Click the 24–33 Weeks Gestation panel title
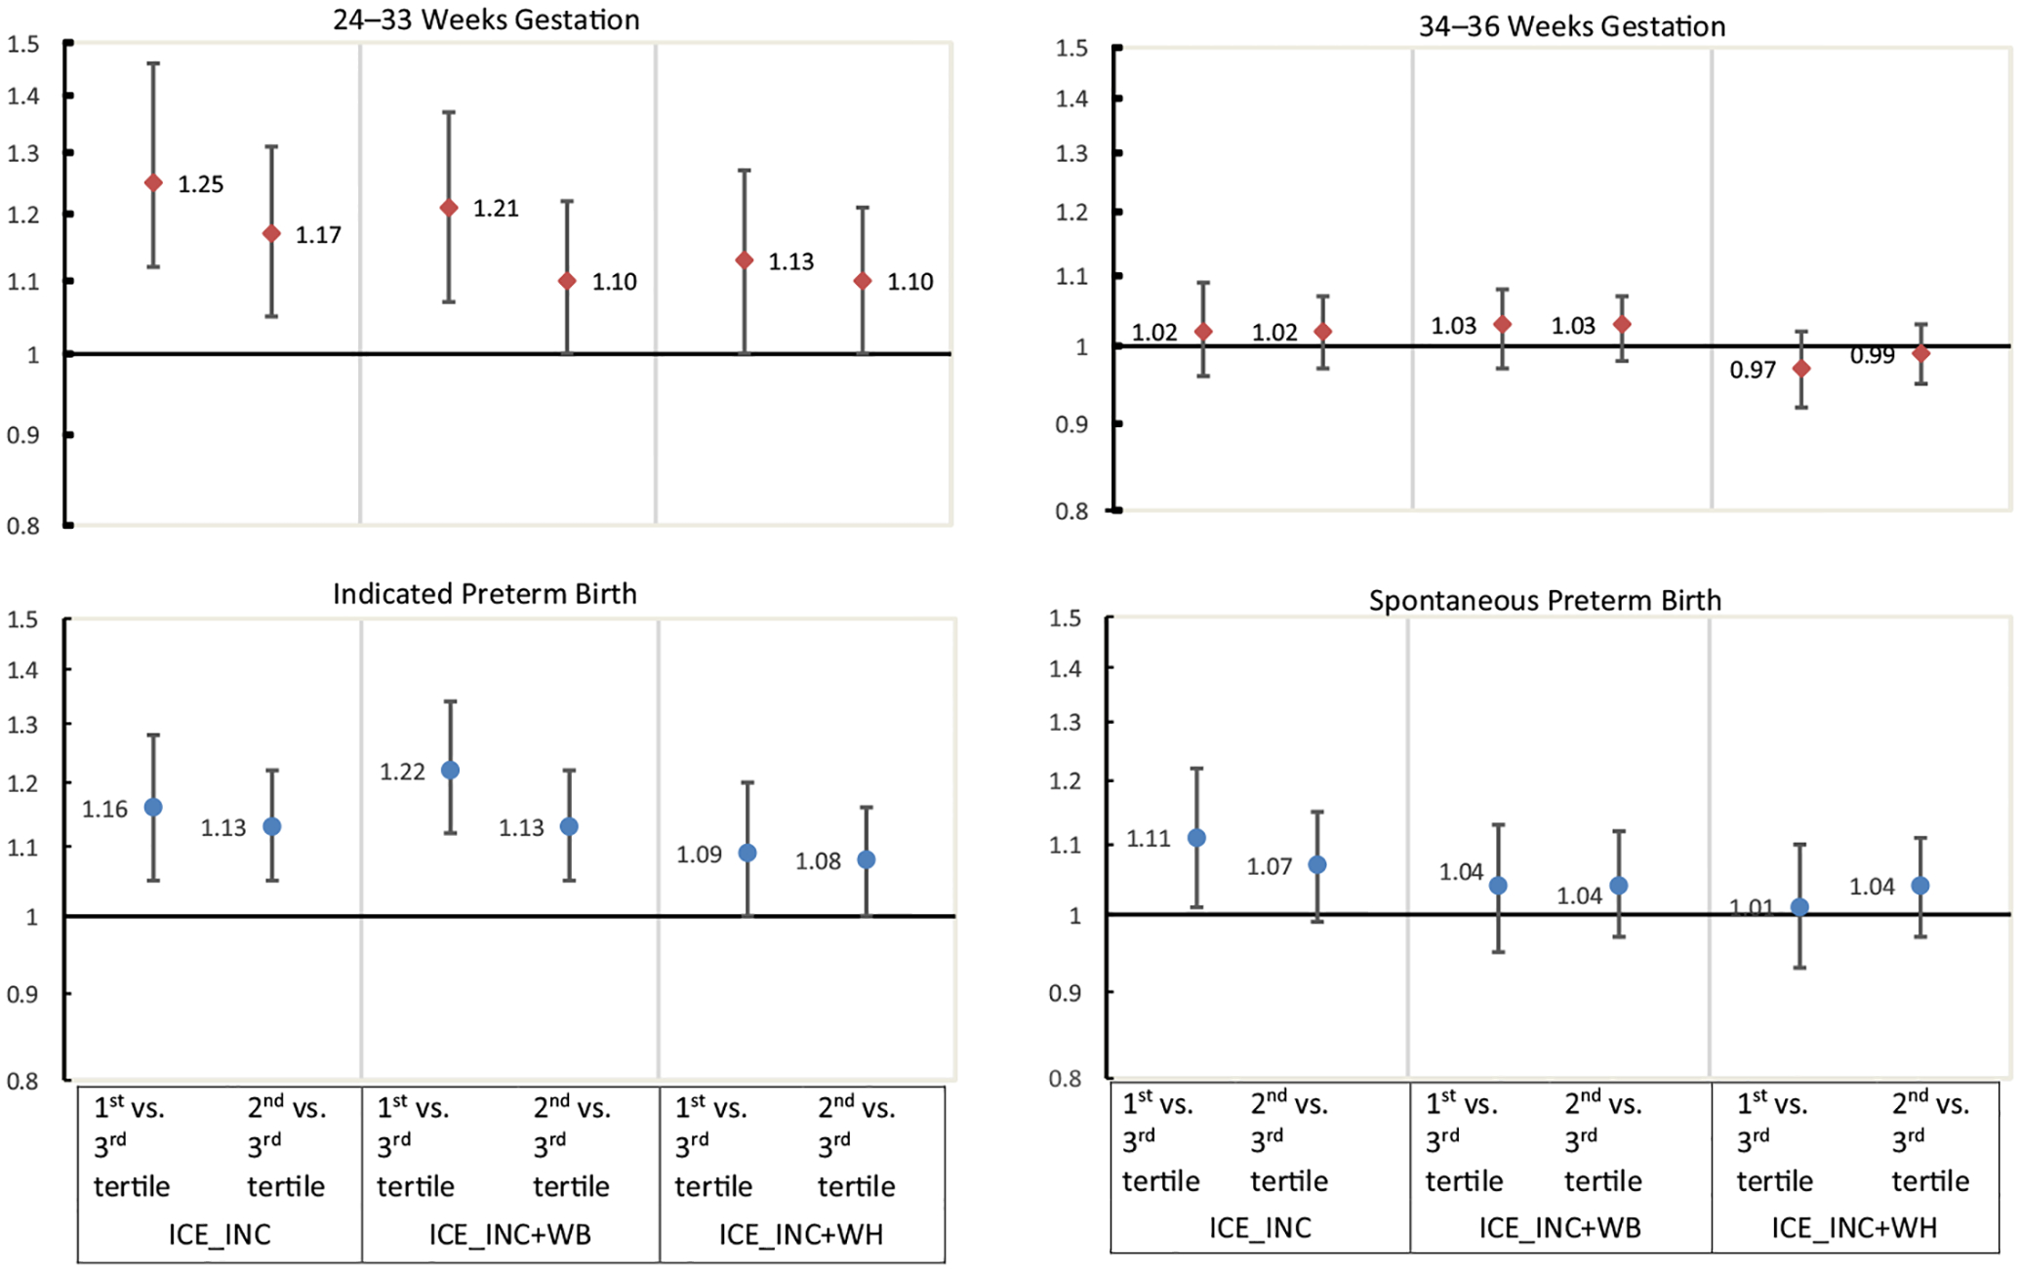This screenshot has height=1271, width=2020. pyautogui.click(x=486, y=20)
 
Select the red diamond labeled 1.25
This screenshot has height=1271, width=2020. pyautogui.click(x=153, y=182)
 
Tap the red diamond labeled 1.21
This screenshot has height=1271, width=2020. pyautogui.click(x=449, y=208)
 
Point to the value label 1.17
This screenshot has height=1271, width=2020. pyautogui.click(x=318, y=235)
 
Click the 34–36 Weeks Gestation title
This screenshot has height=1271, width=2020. pyautogui.click(x=1571, y=26)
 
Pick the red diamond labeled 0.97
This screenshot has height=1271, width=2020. pyautogui.click(x=1801, y=369)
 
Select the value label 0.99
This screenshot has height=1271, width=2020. pyautogui.click(x=1872, y=356)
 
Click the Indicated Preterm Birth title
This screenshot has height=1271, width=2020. pyautogui.click(x=484, y=594)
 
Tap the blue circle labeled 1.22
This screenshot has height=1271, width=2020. pyautogui.click(x=451, y=771)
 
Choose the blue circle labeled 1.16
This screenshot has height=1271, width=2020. pyautogui.click(x=153, y=808)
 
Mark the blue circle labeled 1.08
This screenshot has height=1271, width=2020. pyautogui.click(x=867, y=859)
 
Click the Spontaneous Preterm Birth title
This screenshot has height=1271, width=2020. pyautogui.click(x=1545, y=600)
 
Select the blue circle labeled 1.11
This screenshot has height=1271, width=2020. pyautogui.click(x=1196, y=838)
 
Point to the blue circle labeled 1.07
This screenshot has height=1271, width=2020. pyautogui.click(x=1316, y=864)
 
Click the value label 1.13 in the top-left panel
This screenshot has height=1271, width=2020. pyautogui.click(x=790, y=261)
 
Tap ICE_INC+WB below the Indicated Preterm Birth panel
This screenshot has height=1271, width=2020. pyautogui.click(x=510, y=1235)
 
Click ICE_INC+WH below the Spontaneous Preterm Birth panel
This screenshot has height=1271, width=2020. pyautogui.click(x=1854, y=1228)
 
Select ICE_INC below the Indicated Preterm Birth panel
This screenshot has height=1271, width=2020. pyautogui.click(x=220, y=1235)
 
